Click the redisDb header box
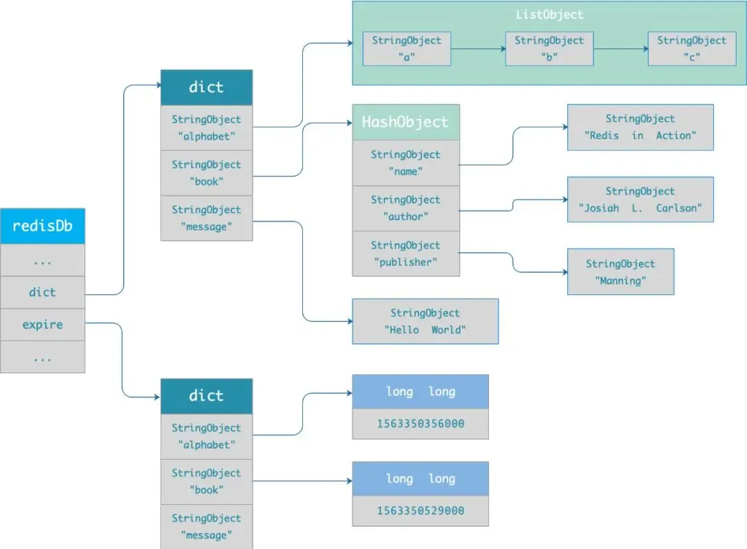tap(42, 226)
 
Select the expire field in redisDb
tap(42, 325)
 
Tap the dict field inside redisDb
tap(42, 292)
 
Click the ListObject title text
tap(549, 15)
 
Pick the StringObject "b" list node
tap(549, 48)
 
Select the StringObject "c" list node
tap(692, 48)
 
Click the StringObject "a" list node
tap(407, 48)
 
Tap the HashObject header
tap(405, 123)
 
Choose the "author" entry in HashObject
tap(405, 208)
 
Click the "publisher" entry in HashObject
tap(405, 253)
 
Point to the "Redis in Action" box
tap(640, 127)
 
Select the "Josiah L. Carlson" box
tap(640, 199)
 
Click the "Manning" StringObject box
tap(620, 272)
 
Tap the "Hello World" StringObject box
tap(425, 321)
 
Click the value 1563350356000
tap(420, 424)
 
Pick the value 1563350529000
tap(420, 511)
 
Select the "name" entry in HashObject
tap(405, 163)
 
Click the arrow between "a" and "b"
tap(478, 49)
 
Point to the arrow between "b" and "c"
tap(620, 49)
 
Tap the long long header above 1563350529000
tap(420, 478)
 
